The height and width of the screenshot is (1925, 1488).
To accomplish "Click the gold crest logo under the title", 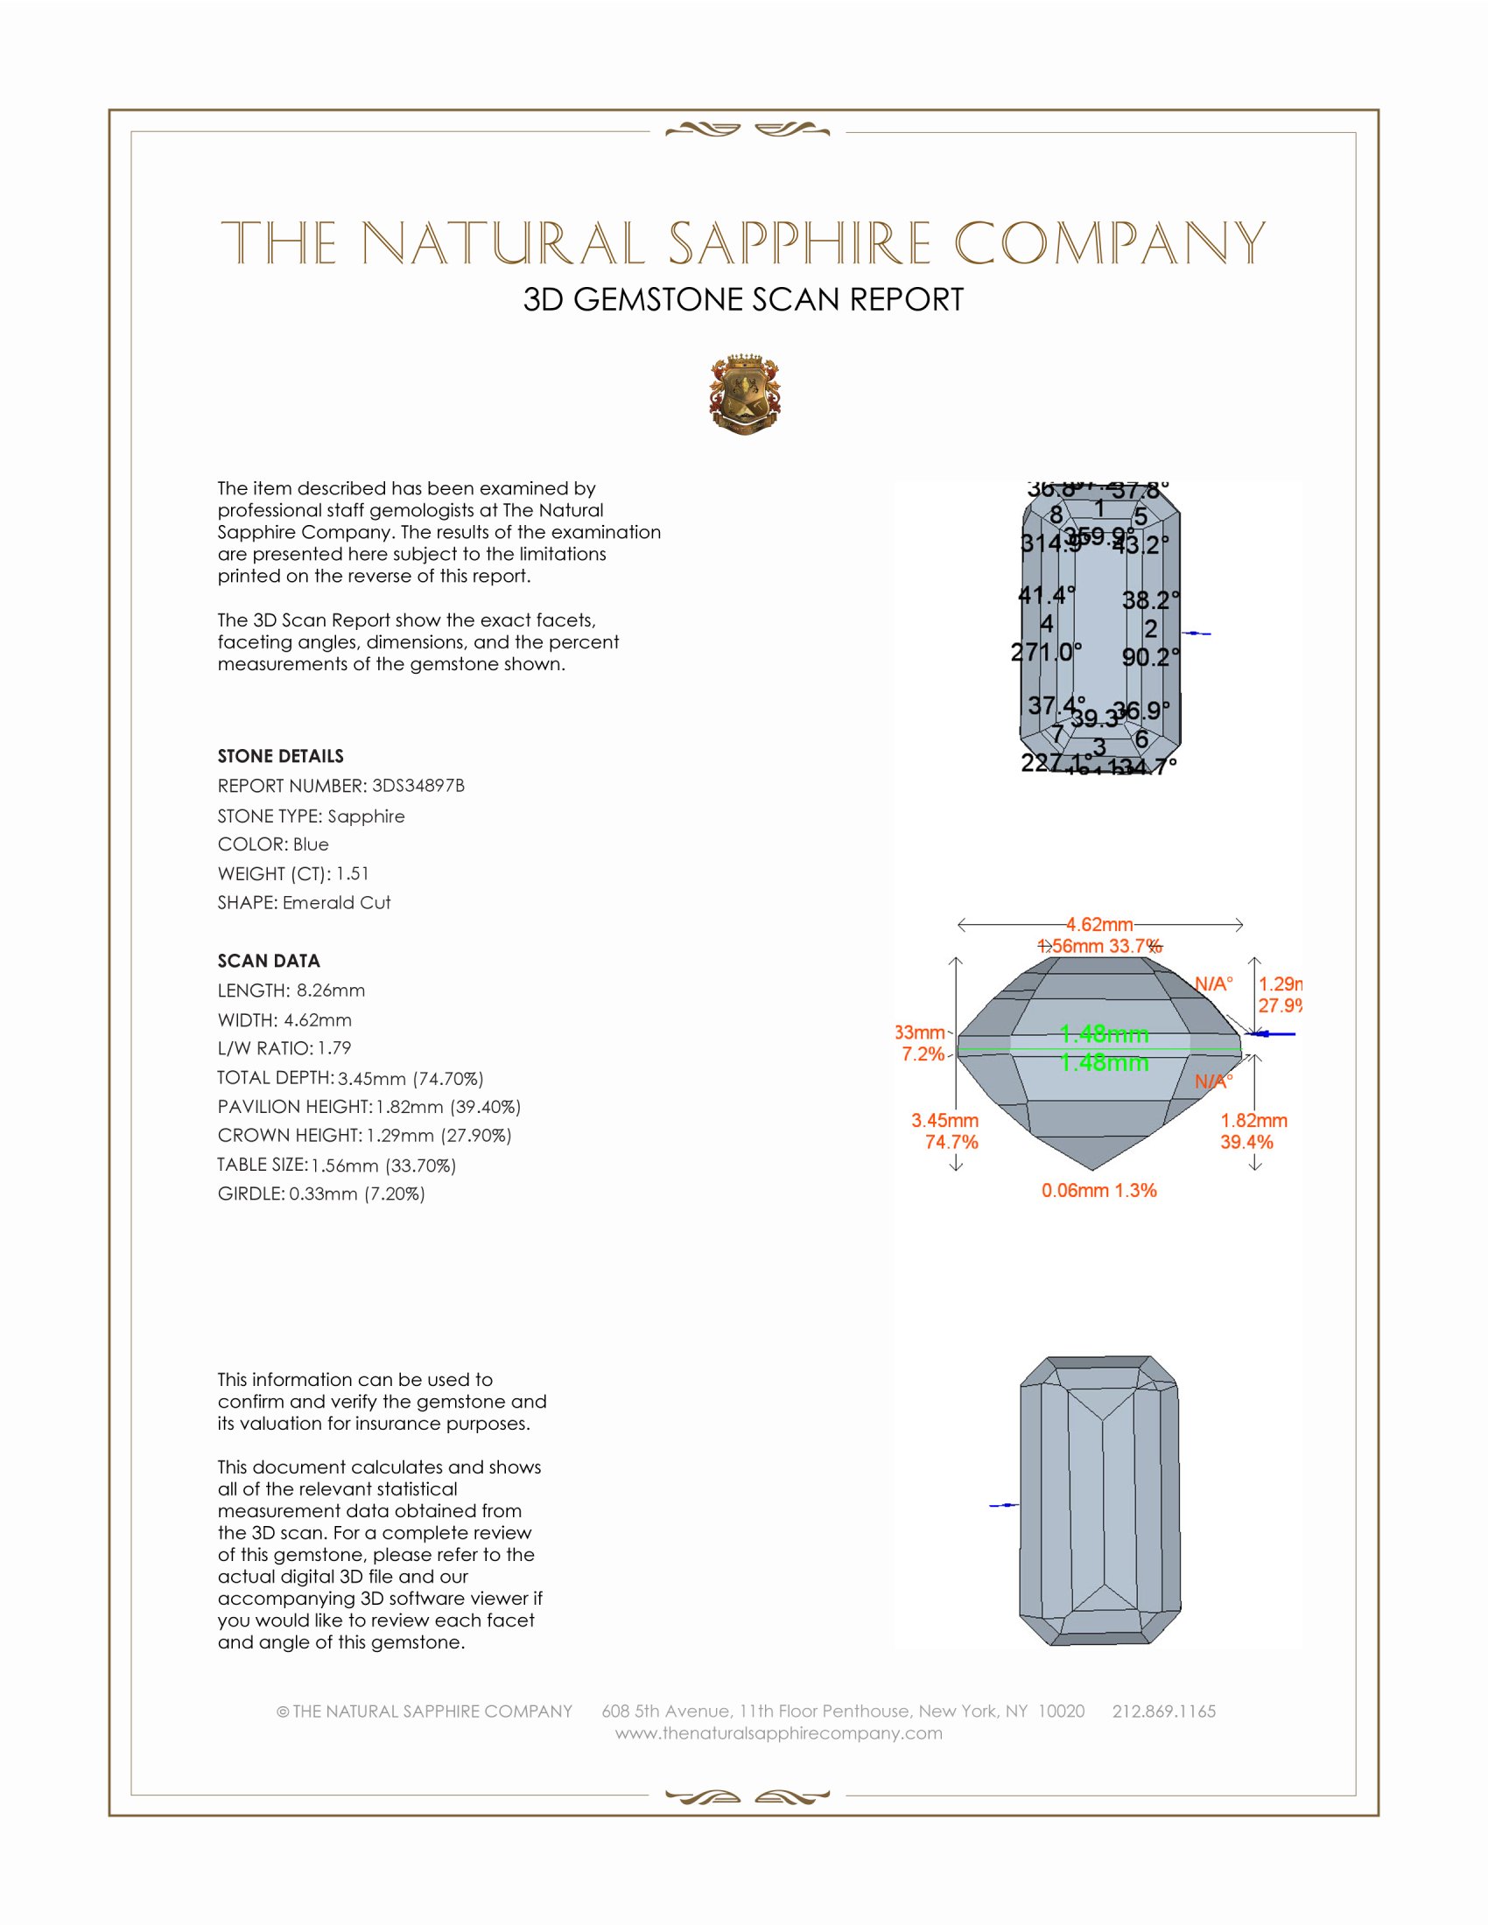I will (x=744, y=395).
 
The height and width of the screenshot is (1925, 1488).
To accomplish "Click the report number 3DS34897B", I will (x=418, y=786).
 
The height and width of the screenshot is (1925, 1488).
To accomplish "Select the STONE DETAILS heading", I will (x=280, y=756).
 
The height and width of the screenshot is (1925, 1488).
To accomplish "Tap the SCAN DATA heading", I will (x=269, y=961).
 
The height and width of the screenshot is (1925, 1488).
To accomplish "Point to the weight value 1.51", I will (x=353, y=873).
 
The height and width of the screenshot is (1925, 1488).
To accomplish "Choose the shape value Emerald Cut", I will (x=337, y=903).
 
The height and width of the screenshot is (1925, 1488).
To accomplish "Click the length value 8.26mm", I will (x=331, y=990).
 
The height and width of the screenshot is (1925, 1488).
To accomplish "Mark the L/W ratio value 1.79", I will (x=335, y=1049).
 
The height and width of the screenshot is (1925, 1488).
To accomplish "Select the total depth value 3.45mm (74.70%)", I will (x=411, y=1079).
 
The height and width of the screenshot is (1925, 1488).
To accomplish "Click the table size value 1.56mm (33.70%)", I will (x=383, y=1165).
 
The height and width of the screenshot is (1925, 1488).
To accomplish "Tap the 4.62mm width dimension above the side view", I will (x=1099, y=925).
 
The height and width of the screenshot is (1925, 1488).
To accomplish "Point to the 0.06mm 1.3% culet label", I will (x=1098, y=1191).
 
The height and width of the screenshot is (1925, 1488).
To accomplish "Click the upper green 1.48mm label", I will (x=1104, y=1034).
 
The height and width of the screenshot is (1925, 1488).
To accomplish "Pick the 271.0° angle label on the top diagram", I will (x=1045, y=652).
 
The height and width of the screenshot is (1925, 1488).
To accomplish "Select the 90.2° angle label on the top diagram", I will (x=1150, y=657).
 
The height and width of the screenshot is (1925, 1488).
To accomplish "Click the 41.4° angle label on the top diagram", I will (x=1046, y=596).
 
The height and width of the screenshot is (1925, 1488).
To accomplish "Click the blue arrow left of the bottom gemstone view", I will (x=1003, y=1506).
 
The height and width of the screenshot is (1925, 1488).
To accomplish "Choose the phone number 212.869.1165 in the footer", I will (x=1163, y=1711).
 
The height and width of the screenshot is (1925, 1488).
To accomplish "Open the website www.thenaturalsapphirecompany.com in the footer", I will (x=778, y=1732).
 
